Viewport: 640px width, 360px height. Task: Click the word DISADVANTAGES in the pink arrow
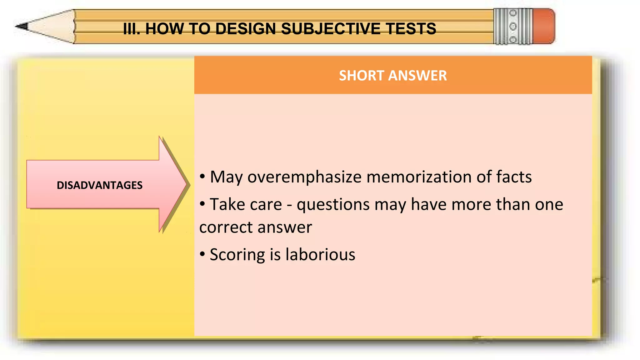[99, 185]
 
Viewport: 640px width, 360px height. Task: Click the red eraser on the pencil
[544, 26]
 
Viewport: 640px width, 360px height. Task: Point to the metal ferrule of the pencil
[513, 26]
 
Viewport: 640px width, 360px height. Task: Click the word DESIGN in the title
[247, 29]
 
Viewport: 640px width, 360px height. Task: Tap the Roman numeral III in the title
[131, 29]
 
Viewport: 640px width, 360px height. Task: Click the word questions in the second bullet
[333, 205]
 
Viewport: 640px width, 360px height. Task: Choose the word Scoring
[237, 255]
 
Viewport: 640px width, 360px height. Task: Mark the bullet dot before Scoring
[202, 254]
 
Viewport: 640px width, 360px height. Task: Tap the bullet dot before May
[202, 177]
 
